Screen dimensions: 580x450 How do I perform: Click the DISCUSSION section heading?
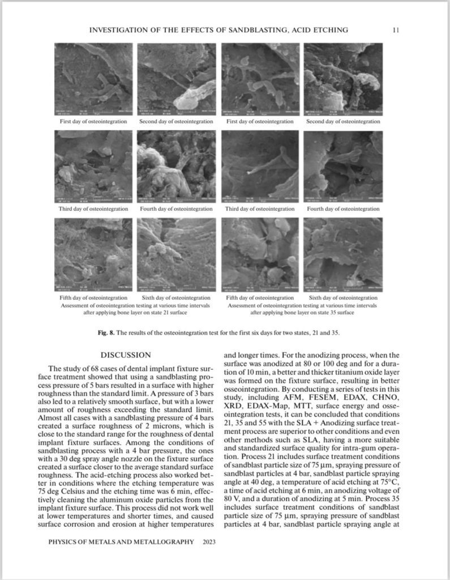click(125, 355)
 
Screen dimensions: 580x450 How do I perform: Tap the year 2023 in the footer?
click(209, 541)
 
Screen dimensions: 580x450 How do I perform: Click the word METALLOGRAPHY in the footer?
click(162, 541)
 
